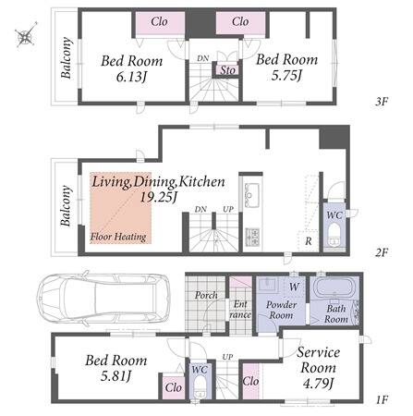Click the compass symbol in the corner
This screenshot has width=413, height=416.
(x=25, y=35)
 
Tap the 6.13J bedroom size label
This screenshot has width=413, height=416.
(x=131, y=77)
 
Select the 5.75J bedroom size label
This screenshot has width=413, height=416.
(x=286, y=75)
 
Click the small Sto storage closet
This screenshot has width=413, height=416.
(x=227, y=70)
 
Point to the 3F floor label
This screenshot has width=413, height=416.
(x=381, y=102)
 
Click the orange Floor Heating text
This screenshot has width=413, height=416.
(x=118, y=237)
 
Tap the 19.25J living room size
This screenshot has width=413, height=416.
(x=158, y=197)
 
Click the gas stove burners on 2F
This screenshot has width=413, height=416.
(x=253, y=238)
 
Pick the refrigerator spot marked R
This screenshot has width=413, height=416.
(x=309, y=240)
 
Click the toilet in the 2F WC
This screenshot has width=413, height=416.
(x=334, y=237)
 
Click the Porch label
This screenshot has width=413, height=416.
(x=206, y=295)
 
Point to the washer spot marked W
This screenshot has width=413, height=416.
(x=294, y=287)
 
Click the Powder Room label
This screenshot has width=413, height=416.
(x=281, y=310)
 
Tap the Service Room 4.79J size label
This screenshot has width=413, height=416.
(x=318, y=384)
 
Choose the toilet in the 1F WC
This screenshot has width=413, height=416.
(x=200, y=389)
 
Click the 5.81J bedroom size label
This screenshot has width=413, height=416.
(x=115, y=375)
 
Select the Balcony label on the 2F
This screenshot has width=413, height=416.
(x=66, y=205)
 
